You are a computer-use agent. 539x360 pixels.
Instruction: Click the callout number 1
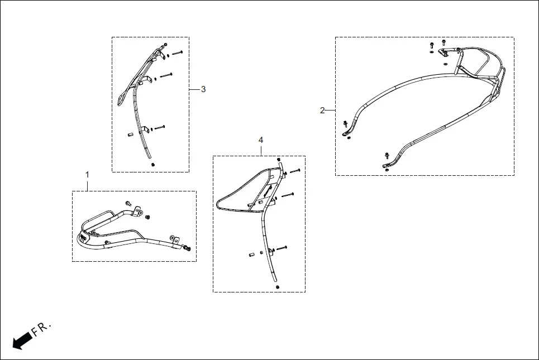(x=87, y=175)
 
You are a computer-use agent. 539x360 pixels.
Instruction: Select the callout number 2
(x=322, y=110)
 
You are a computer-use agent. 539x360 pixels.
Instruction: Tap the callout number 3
(x=203, y=89)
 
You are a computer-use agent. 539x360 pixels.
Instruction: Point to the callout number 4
(x=261, y=140)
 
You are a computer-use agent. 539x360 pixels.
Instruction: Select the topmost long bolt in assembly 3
(x=177, y=53)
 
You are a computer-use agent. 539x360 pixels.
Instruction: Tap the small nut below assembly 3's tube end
(x=152, y=165)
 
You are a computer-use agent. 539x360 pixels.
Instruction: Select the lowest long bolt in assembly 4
(x=280, y=247)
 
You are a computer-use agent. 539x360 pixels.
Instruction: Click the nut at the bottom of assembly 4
(x=278, y=286)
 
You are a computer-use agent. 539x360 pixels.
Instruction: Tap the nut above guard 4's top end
(x=279, y=160)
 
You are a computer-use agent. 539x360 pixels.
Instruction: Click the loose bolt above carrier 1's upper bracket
(x=128, y=203)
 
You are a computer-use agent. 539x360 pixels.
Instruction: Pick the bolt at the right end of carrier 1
(x=188, y=247)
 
